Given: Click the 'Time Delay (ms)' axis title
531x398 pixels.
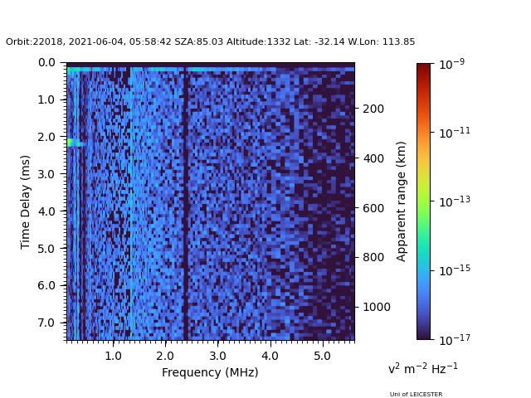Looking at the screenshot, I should coord(26,201).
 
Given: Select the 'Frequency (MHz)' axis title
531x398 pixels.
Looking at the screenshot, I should coord(210,372).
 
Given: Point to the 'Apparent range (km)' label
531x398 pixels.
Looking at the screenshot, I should coord(402,201).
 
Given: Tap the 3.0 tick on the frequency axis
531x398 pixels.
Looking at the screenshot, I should coord(217,356).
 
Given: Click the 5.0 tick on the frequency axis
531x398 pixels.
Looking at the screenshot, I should coord(322,356).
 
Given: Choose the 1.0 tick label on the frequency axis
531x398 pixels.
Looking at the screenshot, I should coord(113,356).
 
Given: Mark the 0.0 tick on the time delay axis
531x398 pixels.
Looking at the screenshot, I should coord(46,62).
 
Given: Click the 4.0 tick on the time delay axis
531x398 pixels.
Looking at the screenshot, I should coord(46,211).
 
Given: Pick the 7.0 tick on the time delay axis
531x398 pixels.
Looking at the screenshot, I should coord(46,323).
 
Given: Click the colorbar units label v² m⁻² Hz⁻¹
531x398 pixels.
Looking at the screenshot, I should coord(422,368).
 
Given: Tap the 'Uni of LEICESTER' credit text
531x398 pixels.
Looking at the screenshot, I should coord(416,395).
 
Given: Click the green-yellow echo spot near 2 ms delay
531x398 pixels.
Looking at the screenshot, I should coord(72,143).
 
